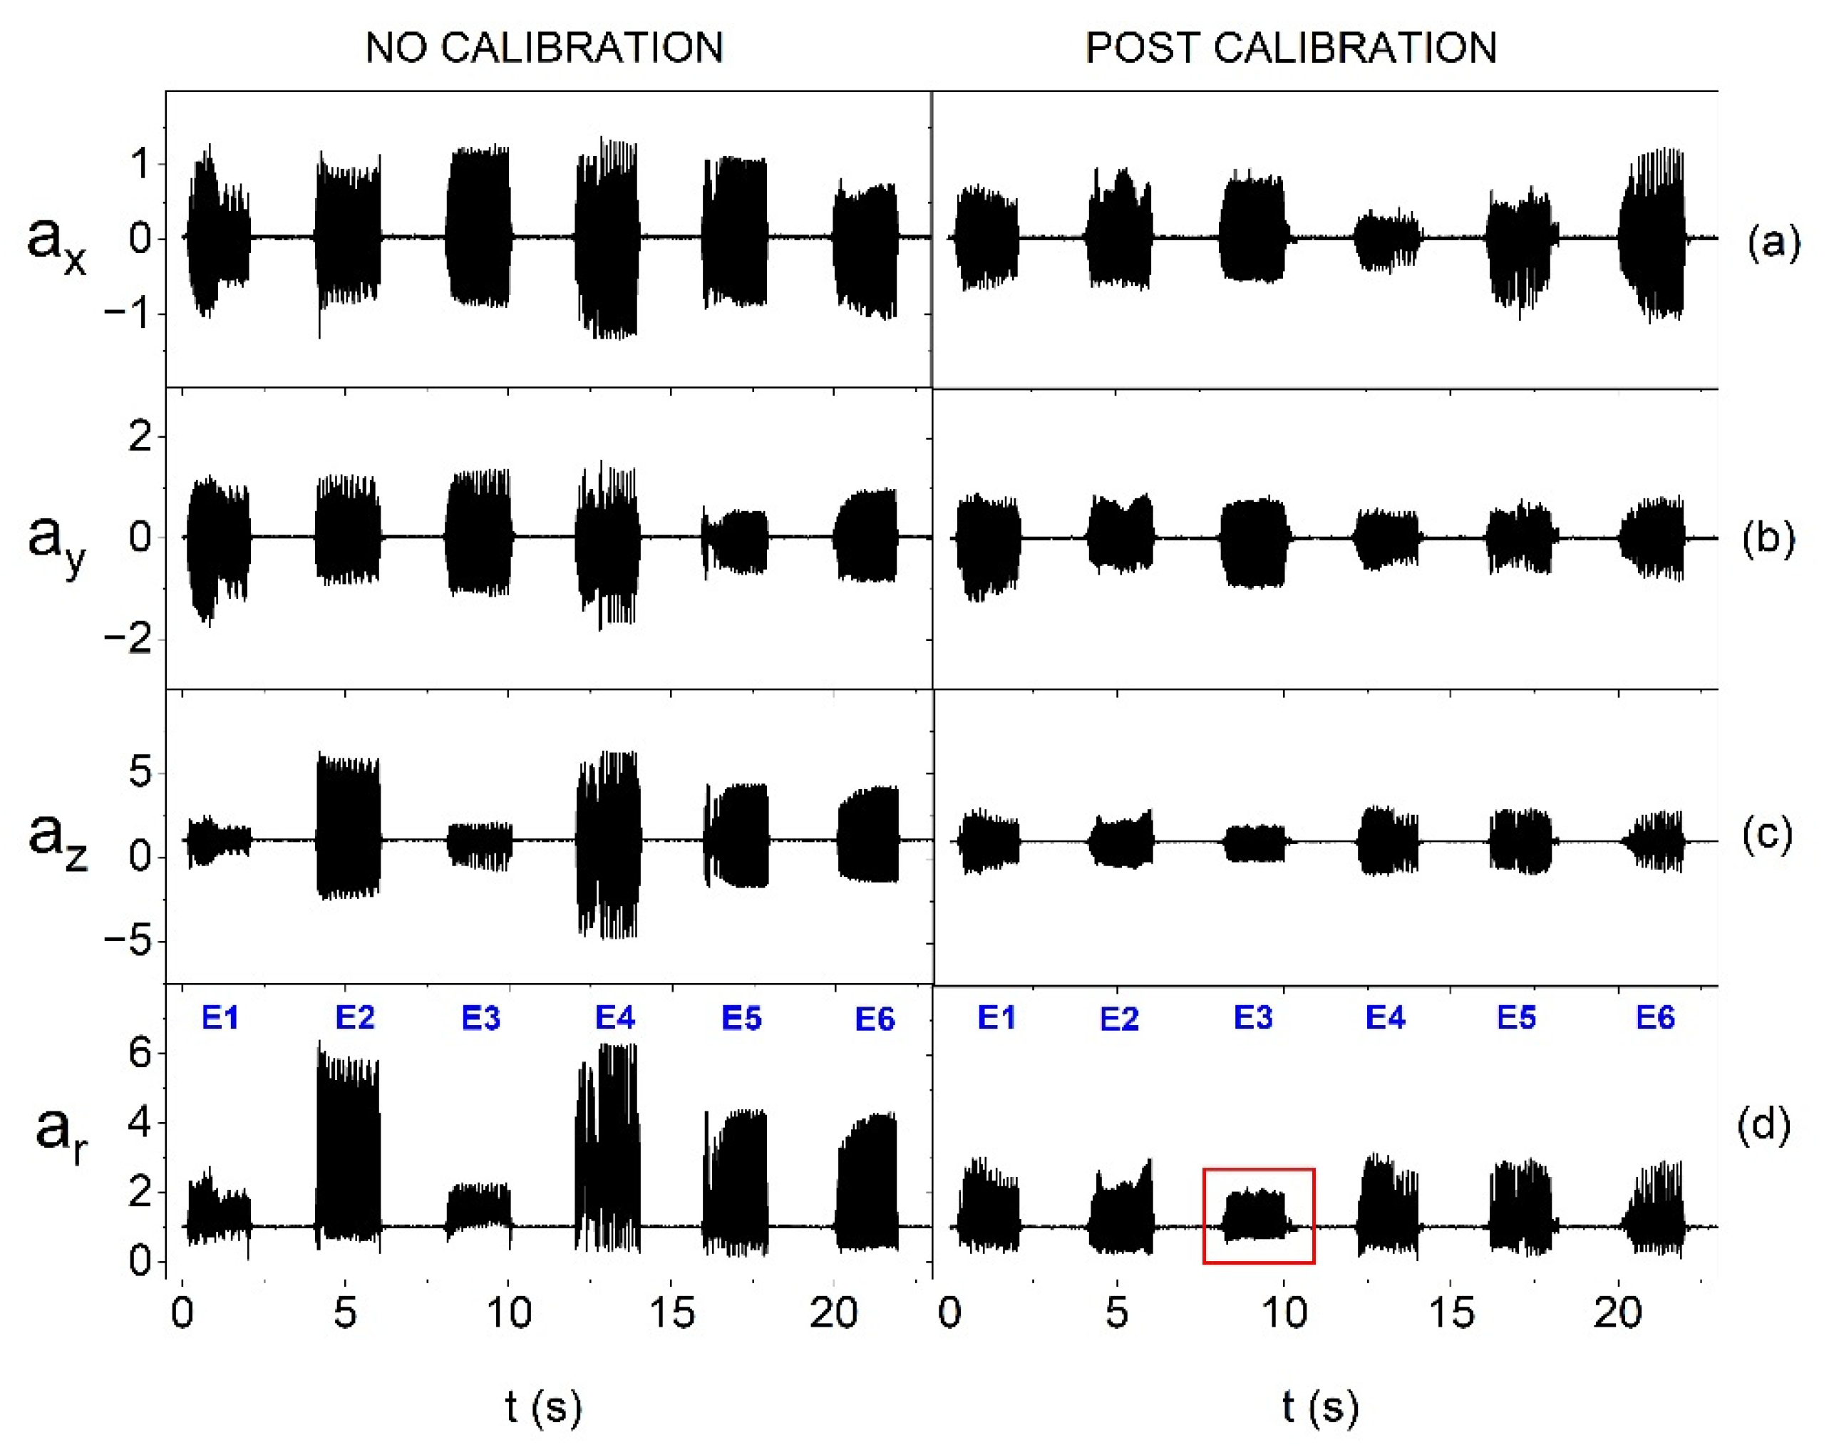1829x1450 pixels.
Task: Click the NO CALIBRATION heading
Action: tap(543, 48)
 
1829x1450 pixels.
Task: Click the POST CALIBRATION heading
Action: tap(1290, 48)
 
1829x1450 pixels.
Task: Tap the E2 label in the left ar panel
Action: tap(354, 1017)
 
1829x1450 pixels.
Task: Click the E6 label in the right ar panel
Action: tap(1655, 1017)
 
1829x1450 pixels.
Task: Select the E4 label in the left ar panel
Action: tap(614, 1017)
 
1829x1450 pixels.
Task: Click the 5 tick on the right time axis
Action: tap(1117, 1313)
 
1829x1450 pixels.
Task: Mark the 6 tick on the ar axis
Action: tap(140, 1054)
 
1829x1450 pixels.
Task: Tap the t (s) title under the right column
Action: tap(1320, 1406)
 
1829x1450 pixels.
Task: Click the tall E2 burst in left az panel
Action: tap(347, 827)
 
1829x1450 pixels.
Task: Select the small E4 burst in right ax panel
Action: tap(1386, 241)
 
